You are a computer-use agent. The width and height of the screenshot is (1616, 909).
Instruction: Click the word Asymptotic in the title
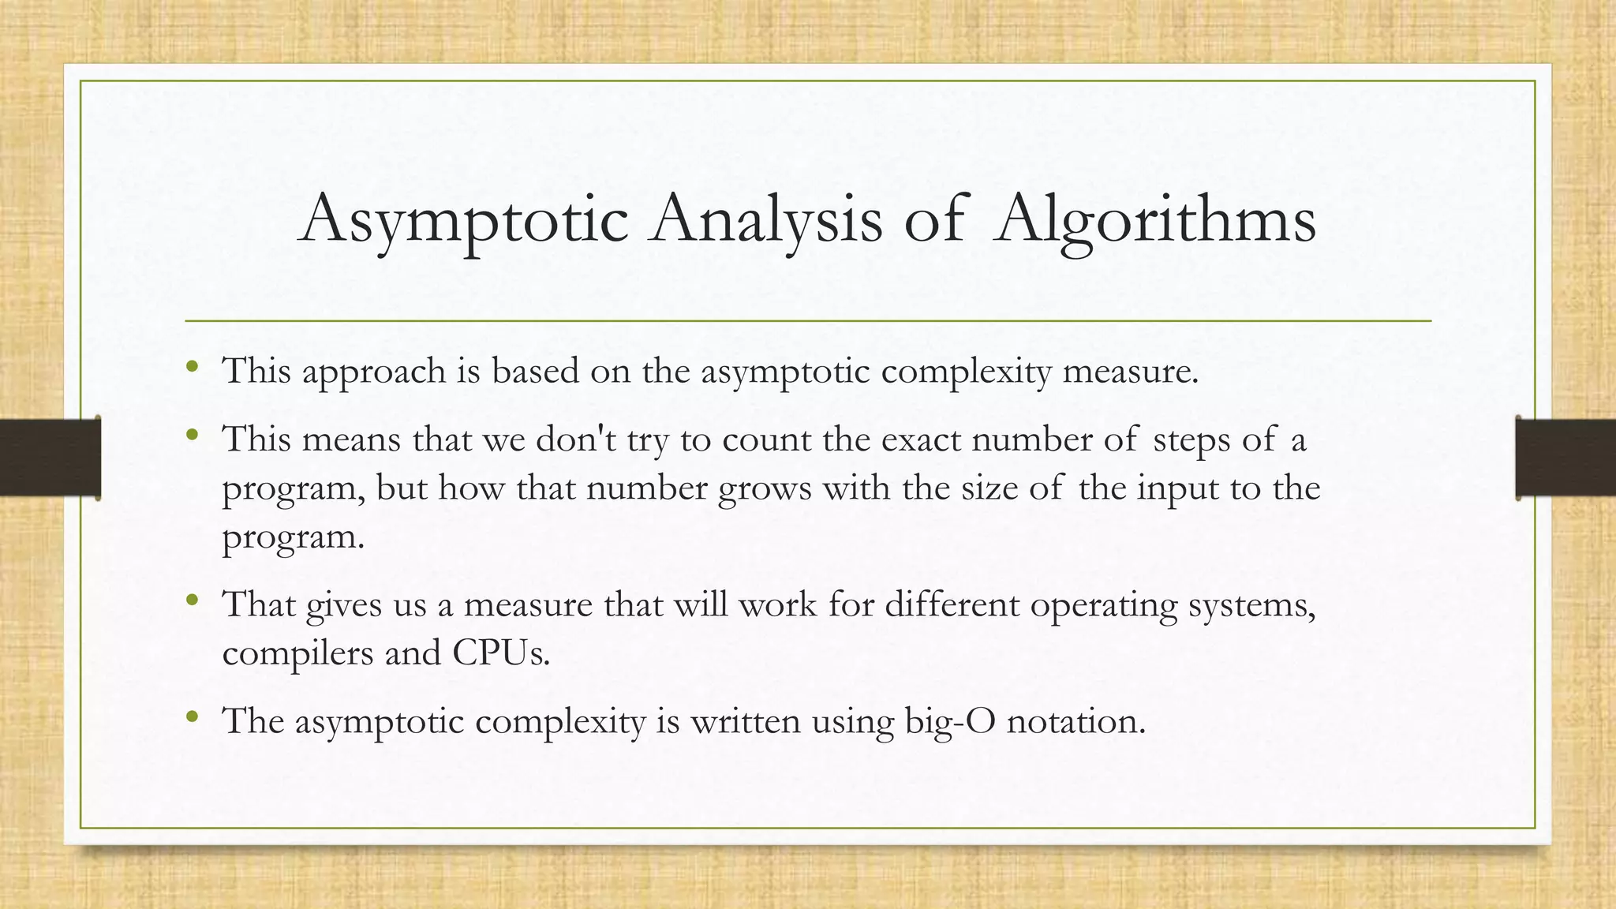click(x=464, y=219)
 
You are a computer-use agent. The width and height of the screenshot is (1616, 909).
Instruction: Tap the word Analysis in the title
click(x=765, y=219)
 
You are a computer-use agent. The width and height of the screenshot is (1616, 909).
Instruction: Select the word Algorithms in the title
click(x=1154, y=219)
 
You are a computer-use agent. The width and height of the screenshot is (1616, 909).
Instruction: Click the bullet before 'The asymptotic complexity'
click(x=192, y=716)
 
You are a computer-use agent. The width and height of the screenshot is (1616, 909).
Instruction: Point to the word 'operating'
click(x=1103, y=605)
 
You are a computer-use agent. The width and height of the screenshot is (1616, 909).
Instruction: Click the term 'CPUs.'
click(x=501, y=653)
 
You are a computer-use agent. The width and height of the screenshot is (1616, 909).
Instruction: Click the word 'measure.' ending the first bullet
click(x=1130, y=371)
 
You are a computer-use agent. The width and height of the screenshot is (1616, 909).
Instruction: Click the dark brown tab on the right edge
click(x=1565, y=458)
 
